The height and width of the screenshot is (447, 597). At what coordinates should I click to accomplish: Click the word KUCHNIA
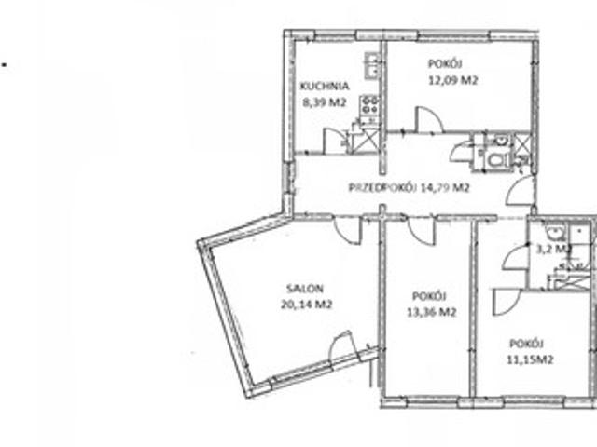coord(325,86)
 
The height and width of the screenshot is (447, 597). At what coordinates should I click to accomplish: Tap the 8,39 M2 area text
coord(325,102)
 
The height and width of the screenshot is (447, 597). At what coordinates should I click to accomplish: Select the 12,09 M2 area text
coord(452,81)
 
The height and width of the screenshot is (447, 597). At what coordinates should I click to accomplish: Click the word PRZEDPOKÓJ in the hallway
coord(382,187)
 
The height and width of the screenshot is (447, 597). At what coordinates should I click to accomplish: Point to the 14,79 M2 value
coord(445,187)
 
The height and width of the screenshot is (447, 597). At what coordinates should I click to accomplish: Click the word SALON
coord(305,289)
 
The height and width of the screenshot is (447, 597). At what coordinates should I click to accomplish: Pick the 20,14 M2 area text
coord(307,305)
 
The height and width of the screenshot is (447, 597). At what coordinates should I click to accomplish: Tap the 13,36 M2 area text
coord(431,313)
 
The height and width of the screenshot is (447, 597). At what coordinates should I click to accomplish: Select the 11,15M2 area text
coord(530,359)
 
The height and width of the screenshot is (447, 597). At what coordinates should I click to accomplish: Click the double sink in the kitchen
coord(371,65)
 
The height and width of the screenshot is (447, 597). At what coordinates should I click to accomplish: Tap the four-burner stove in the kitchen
coord(369,105)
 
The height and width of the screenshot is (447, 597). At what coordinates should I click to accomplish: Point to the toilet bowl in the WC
coord(496,159)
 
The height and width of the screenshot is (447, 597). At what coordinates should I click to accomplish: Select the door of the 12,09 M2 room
coord(429,119)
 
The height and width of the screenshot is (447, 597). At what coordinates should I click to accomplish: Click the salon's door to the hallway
coord(348,230)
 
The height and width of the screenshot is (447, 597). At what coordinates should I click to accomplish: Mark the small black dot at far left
coord(5,64)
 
